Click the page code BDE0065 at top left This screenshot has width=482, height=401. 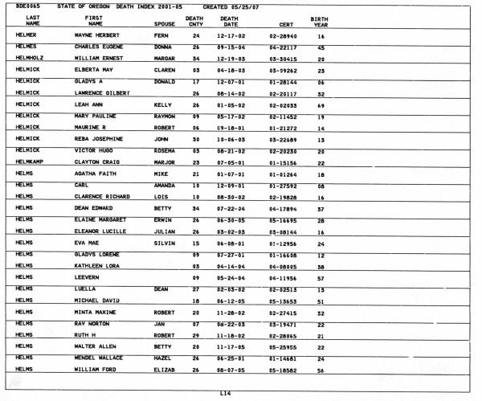tap(28, 6)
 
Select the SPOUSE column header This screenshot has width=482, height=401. tap(164, 25)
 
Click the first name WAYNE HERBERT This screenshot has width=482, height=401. tap(96, 36)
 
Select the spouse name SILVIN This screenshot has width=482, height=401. tap(164, 243)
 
